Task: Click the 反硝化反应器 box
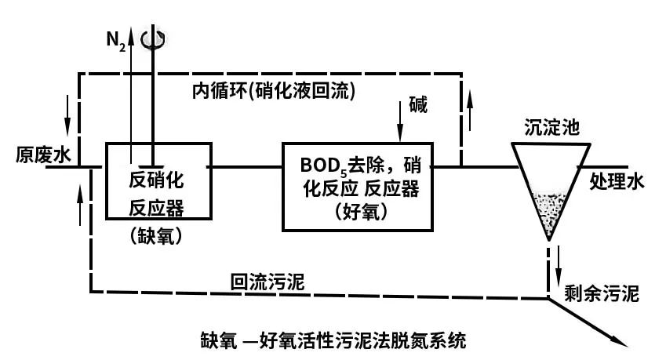158,181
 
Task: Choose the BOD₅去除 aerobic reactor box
357,187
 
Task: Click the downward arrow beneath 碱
402,127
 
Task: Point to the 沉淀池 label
550,127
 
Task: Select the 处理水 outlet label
616,183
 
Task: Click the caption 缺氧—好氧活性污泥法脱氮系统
333,341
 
